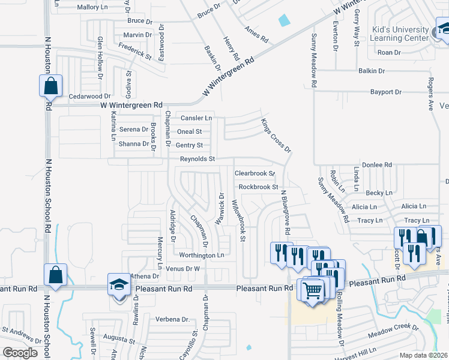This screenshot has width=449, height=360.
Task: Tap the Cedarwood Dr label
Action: click(x=91, y=96)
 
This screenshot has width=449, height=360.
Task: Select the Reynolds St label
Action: click(x=197, y=159)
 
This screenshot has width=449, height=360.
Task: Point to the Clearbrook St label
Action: click(x=254, y=173)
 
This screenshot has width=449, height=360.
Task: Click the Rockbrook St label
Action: click(x=258, y=187)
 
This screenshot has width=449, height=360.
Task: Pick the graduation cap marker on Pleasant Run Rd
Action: click(x=119, y=284)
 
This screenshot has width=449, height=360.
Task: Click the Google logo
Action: click(x=20, y=352)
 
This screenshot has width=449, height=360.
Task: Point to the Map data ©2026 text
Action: click(x=423, y=355)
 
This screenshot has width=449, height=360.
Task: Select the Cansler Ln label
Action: click(x=196, y=118)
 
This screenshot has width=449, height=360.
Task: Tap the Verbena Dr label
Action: click(x=172, y=319)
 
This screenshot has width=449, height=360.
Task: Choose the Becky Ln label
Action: click(x=379, y=193)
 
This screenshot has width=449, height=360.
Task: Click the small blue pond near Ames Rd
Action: click(x=284, y=20)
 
